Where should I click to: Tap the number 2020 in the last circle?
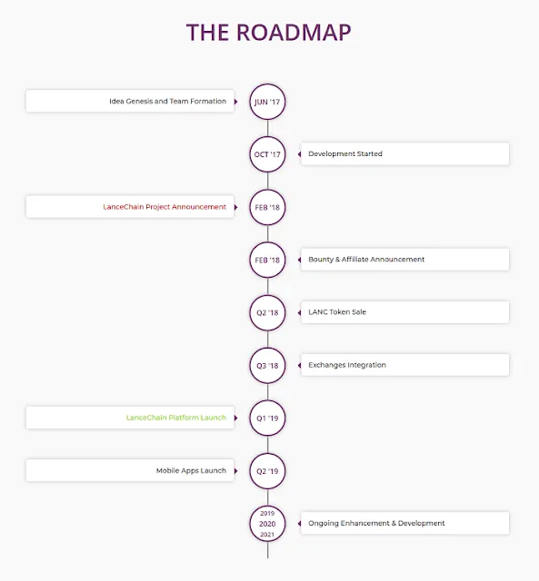267,524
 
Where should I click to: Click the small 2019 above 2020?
267,513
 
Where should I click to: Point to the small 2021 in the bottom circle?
267,535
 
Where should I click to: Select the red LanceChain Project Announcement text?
165,207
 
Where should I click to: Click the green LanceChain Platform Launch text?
175,418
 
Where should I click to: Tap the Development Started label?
345,153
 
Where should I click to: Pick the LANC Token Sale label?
337,312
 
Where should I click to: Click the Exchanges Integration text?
347,365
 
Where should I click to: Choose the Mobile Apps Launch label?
191,470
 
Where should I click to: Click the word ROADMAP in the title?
294,33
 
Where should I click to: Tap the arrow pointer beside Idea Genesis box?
236,102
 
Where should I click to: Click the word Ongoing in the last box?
323,523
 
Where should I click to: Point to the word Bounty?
321,260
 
